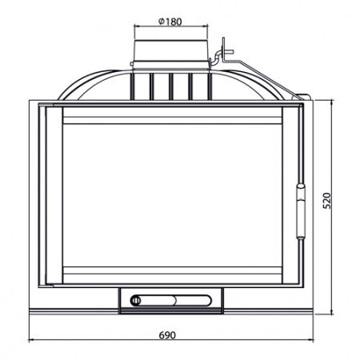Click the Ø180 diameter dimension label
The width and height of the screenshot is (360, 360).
click(x=170, y=22)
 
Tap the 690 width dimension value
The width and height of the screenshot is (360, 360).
click(x=167, y=335)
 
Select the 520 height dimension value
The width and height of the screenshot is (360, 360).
click(x=326, y=201)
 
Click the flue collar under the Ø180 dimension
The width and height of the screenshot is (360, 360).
click(x=171, y=50)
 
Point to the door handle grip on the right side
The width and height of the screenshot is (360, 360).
click(x=301, y=211)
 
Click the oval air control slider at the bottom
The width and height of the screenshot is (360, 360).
click(x=171, y=301)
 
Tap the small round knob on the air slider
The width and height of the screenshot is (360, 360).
click(x=135, y=301)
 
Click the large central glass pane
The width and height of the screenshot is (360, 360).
click(x=172, y=195)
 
